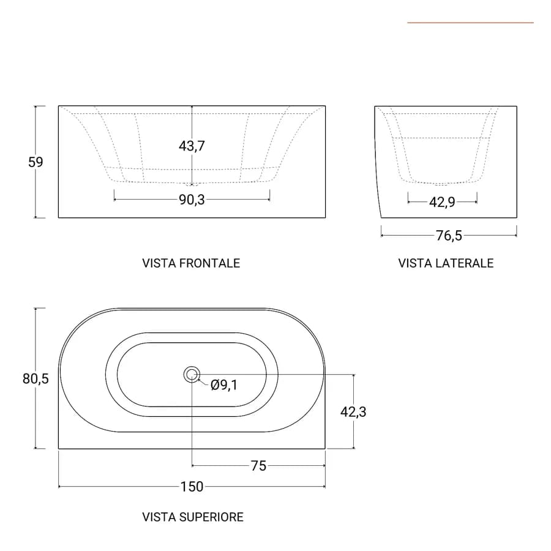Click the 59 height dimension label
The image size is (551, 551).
click(x=36, y=162)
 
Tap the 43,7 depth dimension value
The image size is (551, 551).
click(x=192, y=146)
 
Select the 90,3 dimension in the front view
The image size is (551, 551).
click(x=192, y=200)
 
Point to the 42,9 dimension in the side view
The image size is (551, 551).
click(x=442, y=202)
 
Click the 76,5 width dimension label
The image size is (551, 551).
click(x=449, y=236)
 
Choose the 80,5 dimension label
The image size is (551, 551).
click(x=36, y=378)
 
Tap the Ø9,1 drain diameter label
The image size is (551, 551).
click(x=224, y=385)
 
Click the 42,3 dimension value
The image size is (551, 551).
click(x=353, y=411)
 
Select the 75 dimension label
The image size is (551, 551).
click(x=258, y=466)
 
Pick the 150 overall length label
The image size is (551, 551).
click(x=192, y=487)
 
